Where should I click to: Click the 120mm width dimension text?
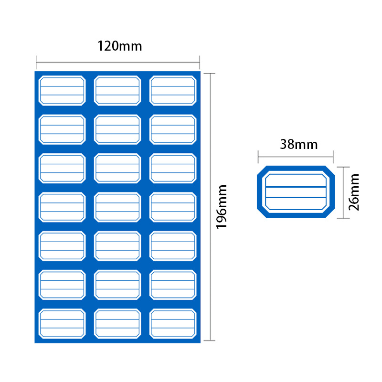click(120, 46)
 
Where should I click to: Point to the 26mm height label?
click(354, 192)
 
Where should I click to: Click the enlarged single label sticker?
click(296, 192)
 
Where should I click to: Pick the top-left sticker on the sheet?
click(62, 90)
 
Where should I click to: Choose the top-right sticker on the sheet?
click(173, 90)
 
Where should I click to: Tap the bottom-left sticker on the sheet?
click(62, 324)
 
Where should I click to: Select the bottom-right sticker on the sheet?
click(173, 324)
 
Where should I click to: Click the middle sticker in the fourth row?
click(118, 207)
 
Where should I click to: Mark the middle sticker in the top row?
click(118, 90)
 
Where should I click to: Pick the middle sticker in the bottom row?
click(118, 324)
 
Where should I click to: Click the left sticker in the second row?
click(62, 129)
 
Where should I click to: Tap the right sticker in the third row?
click(173, 168)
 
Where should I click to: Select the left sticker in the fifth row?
click(62, 246)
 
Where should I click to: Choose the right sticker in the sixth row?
click(173, 285)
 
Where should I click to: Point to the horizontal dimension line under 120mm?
click(118, 62)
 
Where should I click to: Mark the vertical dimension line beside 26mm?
click(340, 192)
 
